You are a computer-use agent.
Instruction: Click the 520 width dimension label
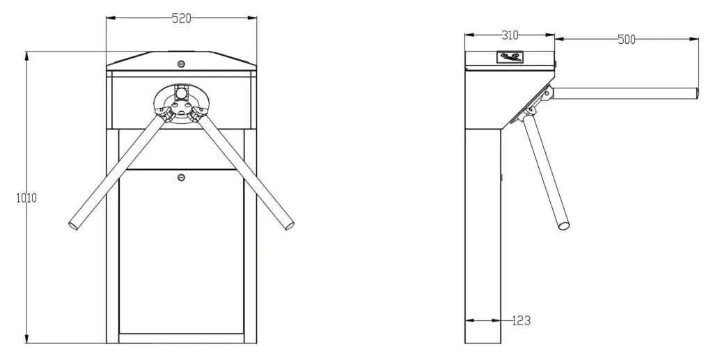(182, 18)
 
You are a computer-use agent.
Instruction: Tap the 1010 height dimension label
(26, 198)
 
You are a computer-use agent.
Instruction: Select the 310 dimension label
(510, 35)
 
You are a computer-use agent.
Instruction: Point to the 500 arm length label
(626, 40)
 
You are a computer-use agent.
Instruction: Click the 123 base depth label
(521, 320)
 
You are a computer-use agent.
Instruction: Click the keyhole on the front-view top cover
(182, 63)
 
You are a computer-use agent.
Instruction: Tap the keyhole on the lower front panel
(182, 178)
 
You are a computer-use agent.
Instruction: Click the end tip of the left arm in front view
(73, 226)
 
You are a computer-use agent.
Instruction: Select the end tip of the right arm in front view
(289, 226)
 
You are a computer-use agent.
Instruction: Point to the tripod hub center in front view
(182, 105)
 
